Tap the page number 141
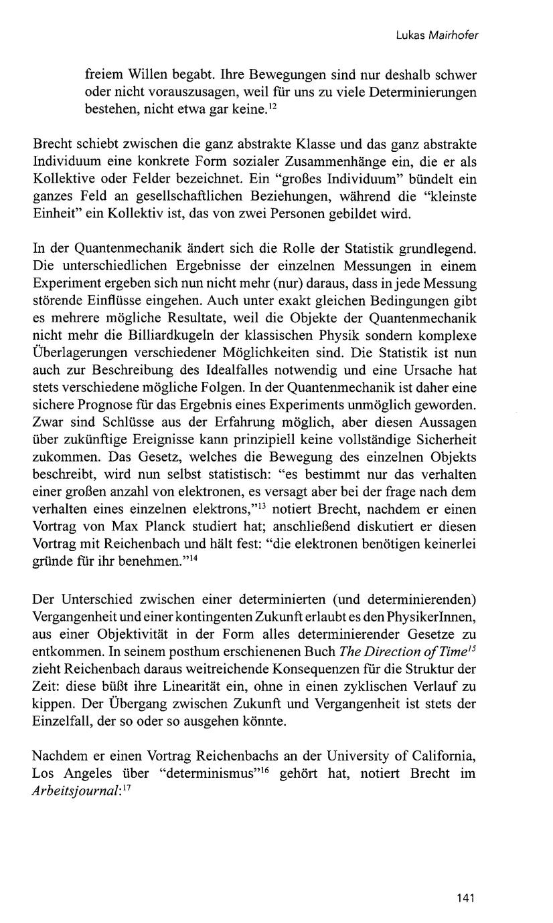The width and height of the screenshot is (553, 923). pyautogui.click(x=465, y=898)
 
